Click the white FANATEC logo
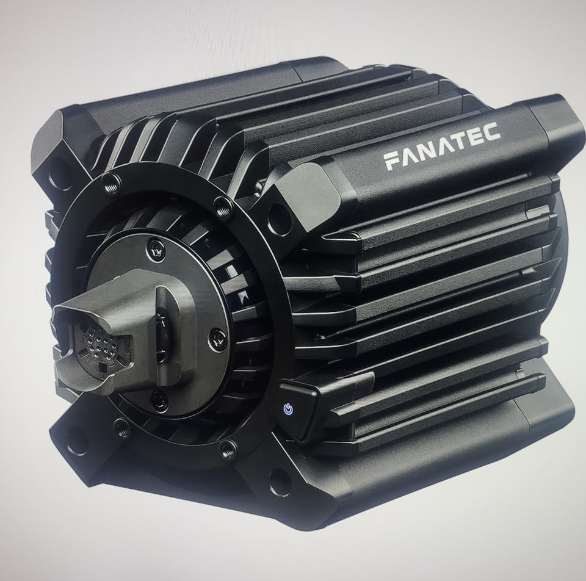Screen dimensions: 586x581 pyautogui.click(x=442, y=146)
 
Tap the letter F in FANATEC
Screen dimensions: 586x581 pyautogui.click(x=392, y=161)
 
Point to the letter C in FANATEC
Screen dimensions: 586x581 pyautogui.click(x=492, y=131)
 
